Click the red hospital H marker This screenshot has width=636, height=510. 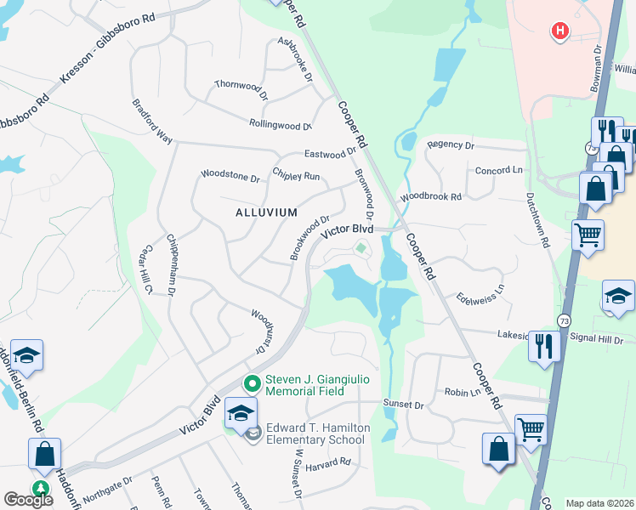[559, 32]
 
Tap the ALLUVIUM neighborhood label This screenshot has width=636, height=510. [266, 212]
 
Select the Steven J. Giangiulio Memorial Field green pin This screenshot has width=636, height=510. [251, 384]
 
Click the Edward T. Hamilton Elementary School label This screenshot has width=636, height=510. [315, 433]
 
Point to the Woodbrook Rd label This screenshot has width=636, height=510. [431, 196]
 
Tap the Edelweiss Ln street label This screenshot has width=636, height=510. [480, 291]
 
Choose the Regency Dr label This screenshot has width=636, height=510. [451, 145]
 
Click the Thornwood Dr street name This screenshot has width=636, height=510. [241, 85]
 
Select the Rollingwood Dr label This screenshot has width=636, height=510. [281, 125]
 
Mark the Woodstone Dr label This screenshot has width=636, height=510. [230, 178]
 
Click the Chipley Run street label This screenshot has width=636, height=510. [296, 176]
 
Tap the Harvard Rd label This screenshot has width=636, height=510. [329, 462]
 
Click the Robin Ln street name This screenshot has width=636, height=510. [463, 393]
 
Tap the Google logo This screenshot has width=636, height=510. [28, 500]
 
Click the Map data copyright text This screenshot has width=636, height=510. [599, 503]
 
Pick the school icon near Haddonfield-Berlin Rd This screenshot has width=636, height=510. [26, 357]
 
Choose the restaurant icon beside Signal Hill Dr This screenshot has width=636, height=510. [544, 347]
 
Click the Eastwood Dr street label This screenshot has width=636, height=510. [330, 154]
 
